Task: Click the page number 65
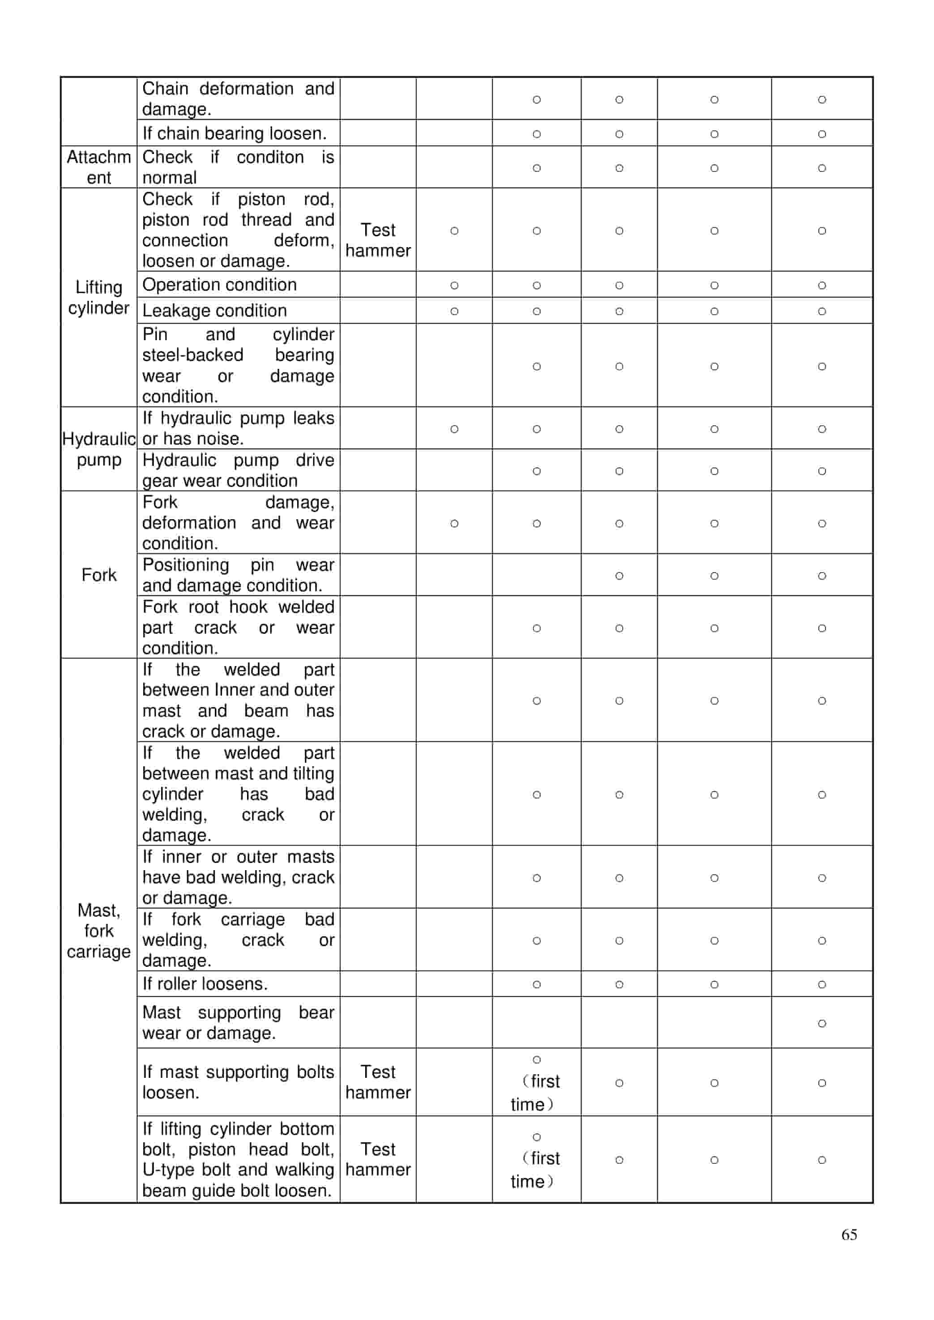pyautogui.click(x=849, y=1235)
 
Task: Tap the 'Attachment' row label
pyautogui.click(x=98, y=167)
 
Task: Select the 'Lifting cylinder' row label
pyautogui.click(x=98, y=297)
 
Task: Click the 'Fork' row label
pyautogui.click(x=98, y=575)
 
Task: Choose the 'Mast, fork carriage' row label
pyautogui.click(x=98, y=931)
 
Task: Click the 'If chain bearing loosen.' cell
pyautogui.click(x=234, y=133)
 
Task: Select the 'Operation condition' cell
pyautogui.click(x=219, y=285)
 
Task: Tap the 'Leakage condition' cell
pyautogui.click(x=214, y=311)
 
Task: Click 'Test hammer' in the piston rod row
pyautogui.click(x=378, y=240)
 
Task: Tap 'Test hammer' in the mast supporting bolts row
pyautogui.click(x=378, y=1082)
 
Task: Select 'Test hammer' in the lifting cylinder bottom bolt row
pyautogui.click(x=378, y=1159)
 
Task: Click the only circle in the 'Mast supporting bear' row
pyautogui.click(x=822, y=1023)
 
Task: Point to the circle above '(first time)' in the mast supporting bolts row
pyautogui.click(x=537, y=1059)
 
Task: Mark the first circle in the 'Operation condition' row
pyautogui.click(x=454, y=285)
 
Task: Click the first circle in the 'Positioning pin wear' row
pyautogui.click(x=619, y=576)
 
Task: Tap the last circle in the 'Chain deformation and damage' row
pyautogui.click(x=822, y=99)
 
